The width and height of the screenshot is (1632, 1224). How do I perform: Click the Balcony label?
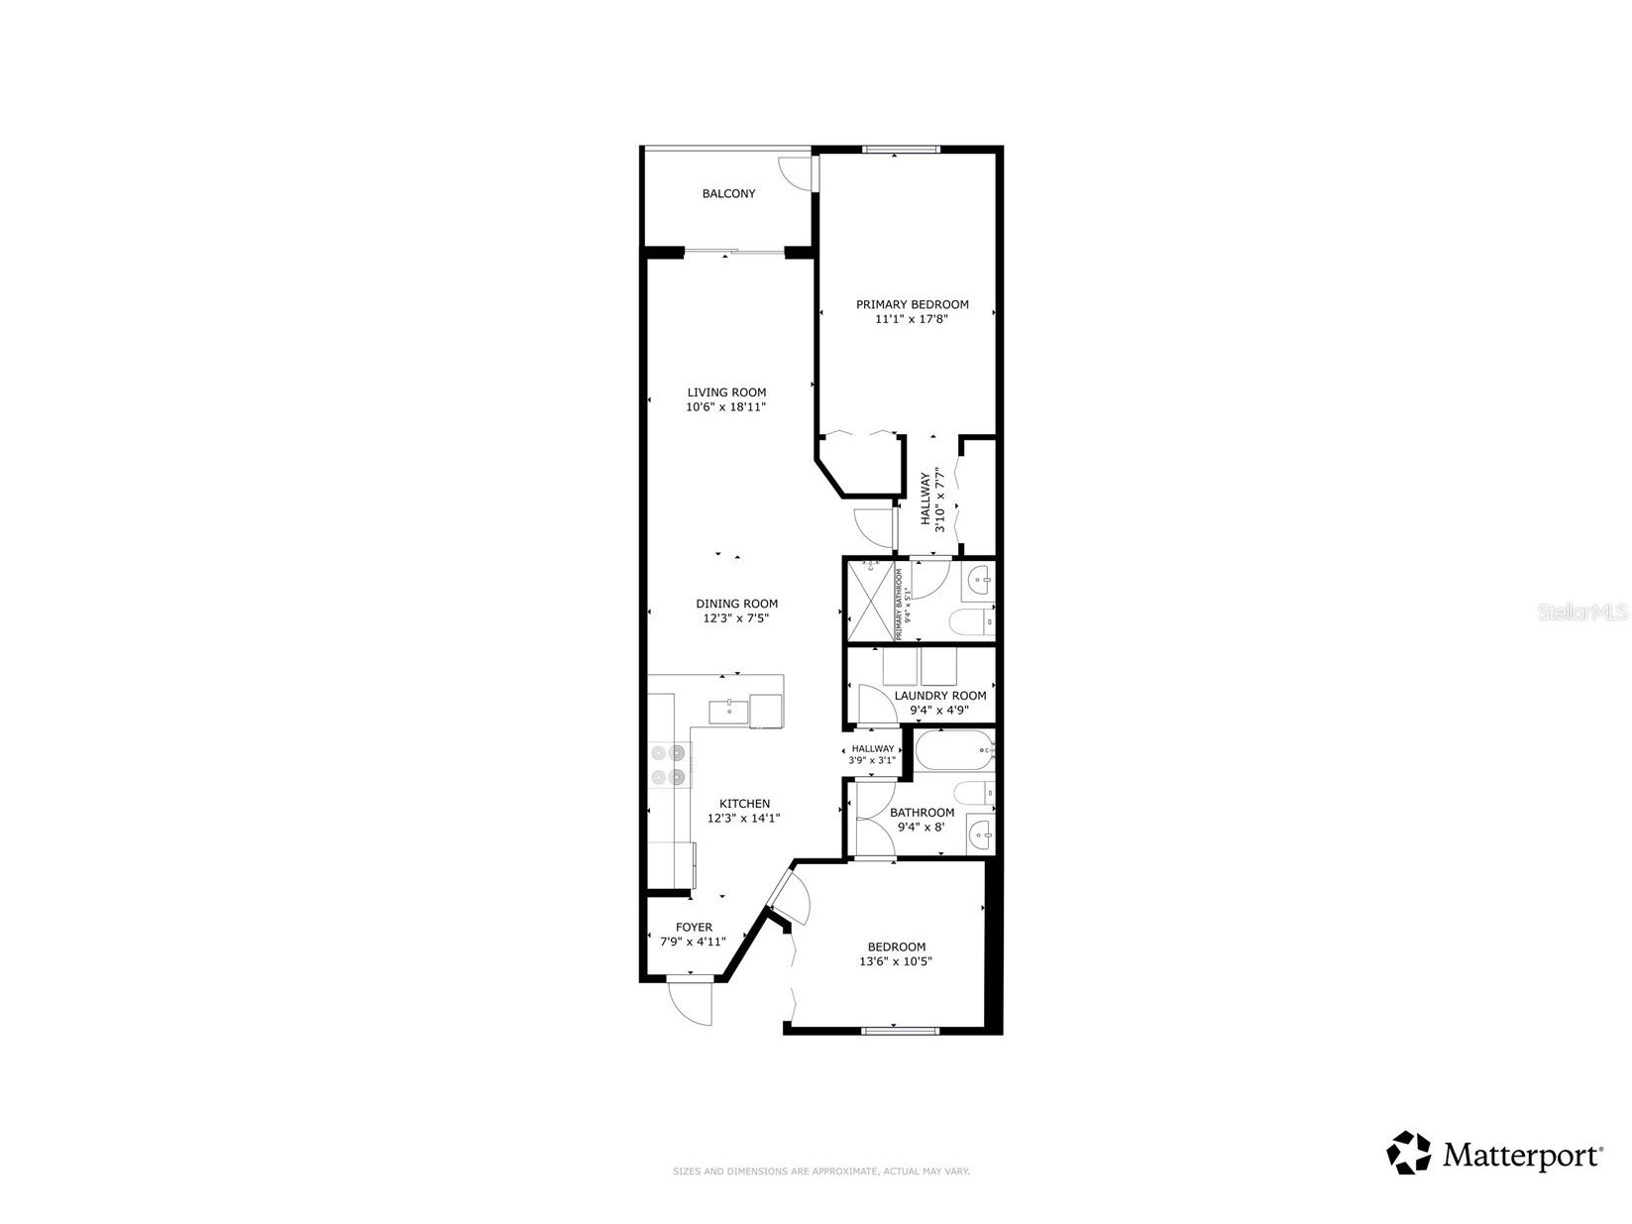728,193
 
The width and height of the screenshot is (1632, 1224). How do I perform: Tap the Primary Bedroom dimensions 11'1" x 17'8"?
912,319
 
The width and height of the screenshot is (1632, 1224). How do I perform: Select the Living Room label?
726,392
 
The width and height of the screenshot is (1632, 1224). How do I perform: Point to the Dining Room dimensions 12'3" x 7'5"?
736,617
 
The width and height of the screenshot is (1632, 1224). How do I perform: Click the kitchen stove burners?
668,765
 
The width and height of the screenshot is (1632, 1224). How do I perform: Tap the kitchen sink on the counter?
729,711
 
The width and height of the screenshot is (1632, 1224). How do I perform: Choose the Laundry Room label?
939,696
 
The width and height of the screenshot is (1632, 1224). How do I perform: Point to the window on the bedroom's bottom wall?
900,1031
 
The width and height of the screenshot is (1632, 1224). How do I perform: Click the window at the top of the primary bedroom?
900,150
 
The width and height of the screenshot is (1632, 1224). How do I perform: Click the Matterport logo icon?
1408,1154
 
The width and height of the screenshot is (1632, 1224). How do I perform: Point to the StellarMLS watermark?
1582,612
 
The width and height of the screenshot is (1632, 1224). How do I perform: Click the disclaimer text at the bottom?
821,1171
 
